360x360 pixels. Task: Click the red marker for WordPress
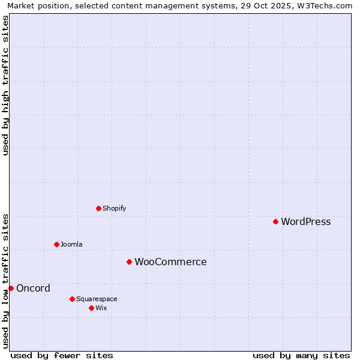275,221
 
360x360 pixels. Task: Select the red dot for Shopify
98,208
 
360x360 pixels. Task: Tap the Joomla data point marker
56,244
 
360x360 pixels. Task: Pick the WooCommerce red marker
129,262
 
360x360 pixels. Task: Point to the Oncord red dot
11,288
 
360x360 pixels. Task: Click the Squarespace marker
72,299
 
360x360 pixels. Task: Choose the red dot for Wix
91,308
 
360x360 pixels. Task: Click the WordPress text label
305,222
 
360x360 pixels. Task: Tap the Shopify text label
114,209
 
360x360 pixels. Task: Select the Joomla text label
71,245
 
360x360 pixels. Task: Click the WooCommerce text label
170,262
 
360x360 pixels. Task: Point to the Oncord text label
33,289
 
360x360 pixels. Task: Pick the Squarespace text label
97,299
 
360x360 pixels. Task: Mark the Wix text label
101,308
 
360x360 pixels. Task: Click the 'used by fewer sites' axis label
62,356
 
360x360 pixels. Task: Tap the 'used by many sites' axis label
301,356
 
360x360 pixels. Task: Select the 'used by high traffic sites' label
6,85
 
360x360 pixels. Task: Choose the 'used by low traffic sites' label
6,280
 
